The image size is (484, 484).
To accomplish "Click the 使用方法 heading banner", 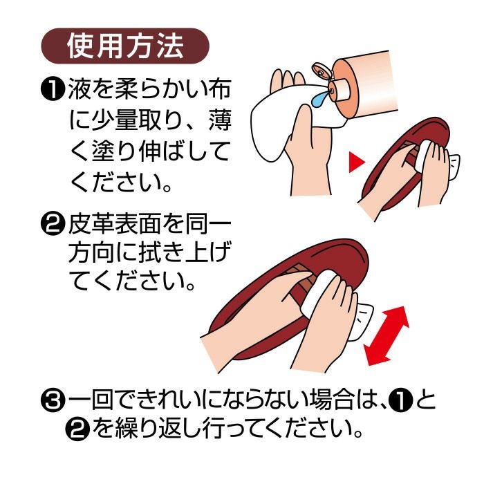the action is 125,46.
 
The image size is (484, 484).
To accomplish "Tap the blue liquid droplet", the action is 318,98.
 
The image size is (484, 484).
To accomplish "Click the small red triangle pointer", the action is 356,162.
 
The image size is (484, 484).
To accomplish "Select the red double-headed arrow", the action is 386,336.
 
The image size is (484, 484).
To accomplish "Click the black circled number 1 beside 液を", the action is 53,89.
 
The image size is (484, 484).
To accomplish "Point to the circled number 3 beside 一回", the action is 53,400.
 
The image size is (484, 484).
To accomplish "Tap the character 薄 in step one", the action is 220,120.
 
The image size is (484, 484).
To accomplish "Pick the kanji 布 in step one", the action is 220,89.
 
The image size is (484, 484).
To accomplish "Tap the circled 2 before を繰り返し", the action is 77,428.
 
